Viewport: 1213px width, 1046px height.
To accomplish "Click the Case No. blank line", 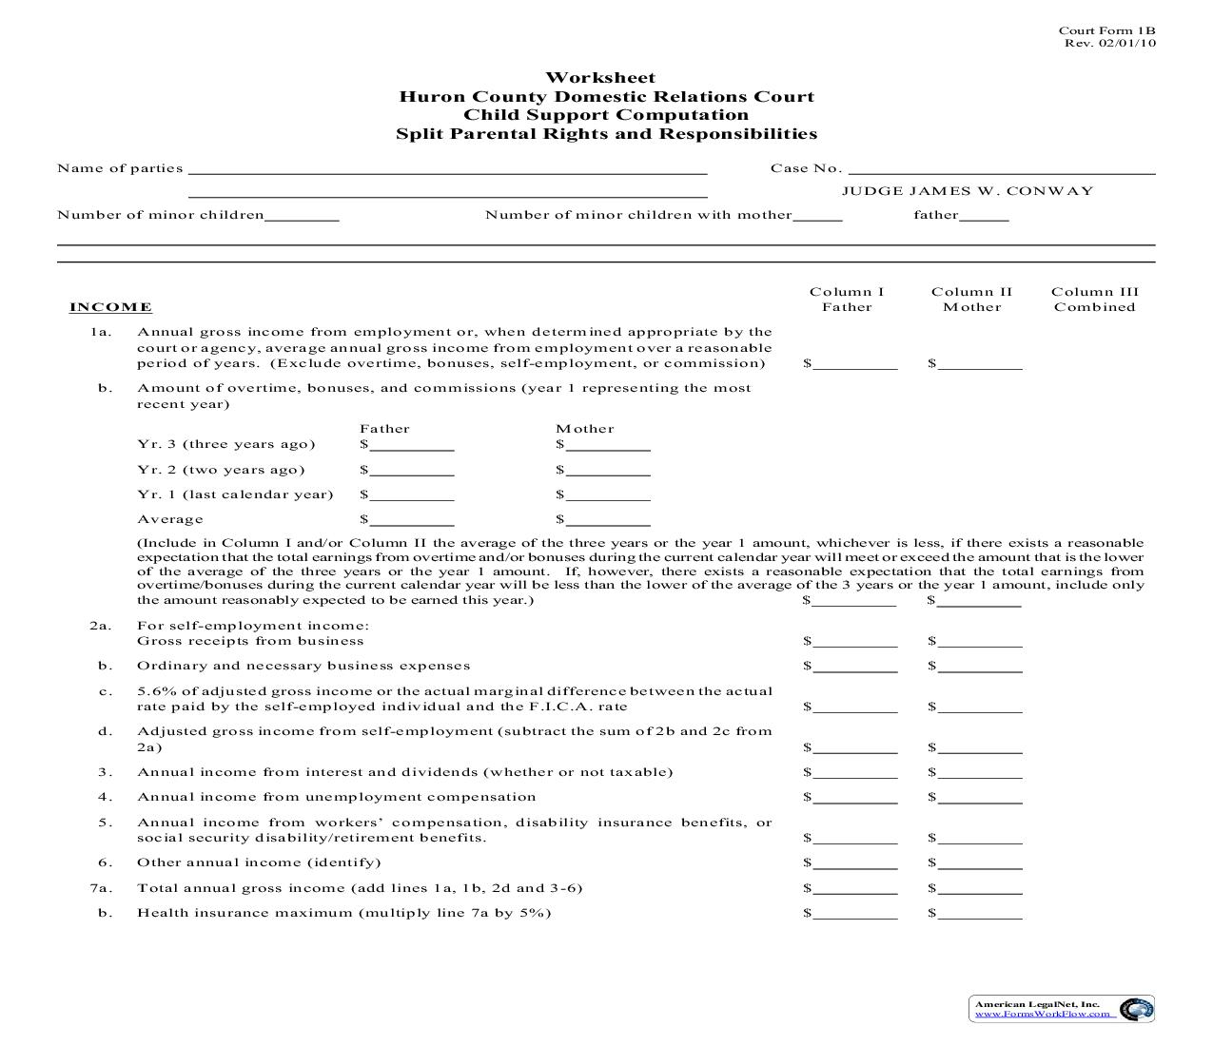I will point(1001,169).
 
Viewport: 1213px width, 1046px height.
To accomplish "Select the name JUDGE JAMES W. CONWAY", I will point(968,191).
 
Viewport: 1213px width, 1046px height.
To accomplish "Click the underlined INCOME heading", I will point(110,307).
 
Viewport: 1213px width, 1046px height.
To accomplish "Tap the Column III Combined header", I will point(1094,300).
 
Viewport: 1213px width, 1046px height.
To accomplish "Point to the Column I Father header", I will point(847,300).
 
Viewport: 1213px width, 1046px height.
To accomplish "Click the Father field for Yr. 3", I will point(412,444).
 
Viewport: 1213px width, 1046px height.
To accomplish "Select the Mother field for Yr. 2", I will point(608,470).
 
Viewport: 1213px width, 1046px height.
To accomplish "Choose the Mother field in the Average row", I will point(608,519).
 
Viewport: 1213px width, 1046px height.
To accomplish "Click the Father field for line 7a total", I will point(854,888).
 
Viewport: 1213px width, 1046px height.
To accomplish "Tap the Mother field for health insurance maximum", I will point(980,913).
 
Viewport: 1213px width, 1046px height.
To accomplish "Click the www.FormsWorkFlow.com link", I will point(1043,1014).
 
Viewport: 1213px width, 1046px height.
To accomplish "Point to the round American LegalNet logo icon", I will point(1134,1009).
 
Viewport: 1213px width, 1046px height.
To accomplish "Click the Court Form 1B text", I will point(1107,31).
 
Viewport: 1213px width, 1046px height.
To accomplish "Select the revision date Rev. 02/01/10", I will point(1110,44).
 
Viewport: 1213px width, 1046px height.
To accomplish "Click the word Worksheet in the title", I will point(600,78).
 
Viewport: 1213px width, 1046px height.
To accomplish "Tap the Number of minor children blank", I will point(302,216).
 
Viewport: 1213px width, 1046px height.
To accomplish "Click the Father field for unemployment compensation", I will point(854,797).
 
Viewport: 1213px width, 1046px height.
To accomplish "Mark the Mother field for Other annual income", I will point(980,862).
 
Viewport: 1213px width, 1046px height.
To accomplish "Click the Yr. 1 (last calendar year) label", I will point(235,494).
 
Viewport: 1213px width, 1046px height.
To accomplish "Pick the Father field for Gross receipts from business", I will point(854,641).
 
